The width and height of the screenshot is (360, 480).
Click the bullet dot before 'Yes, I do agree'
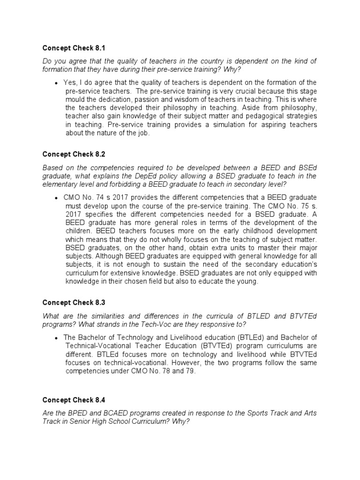56,83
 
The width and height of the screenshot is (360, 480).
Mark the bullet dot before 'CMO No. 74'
56,198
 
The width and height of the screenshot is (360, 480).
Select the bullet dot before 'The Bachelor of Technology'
56,337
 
